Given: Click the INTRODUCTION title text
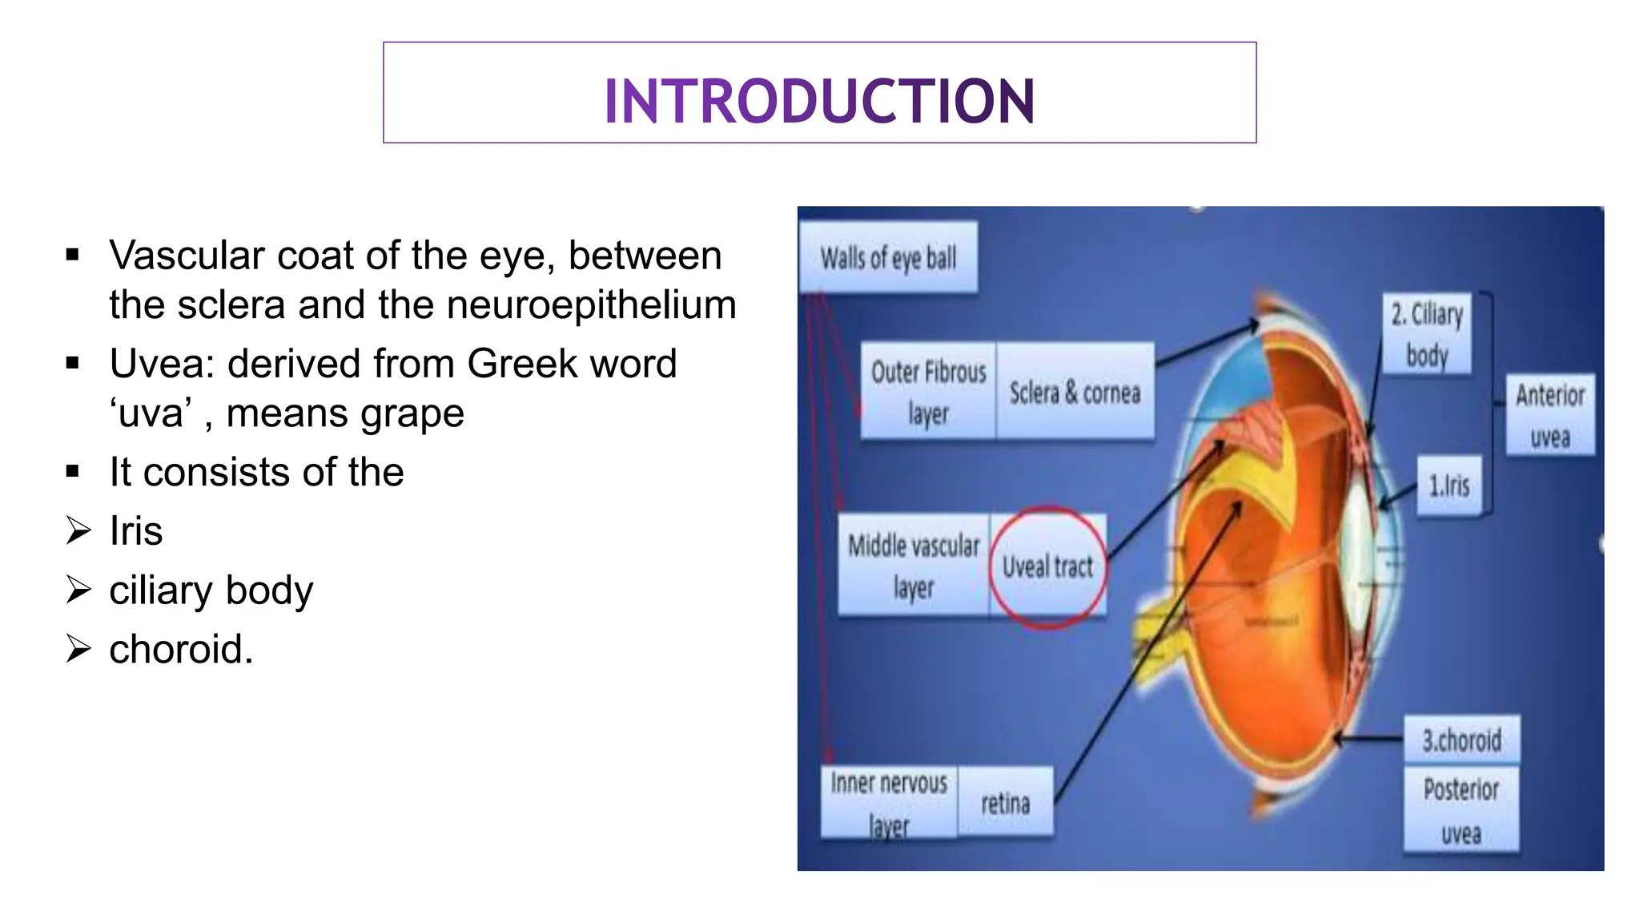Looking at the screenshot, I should pos(819,101).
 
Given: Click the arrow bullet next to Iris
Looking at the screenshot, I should pos(78,530).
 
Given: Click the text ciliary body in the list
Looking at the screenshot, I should pos(211,590).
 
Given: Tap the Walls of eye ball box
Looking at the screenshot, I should pos(888,258).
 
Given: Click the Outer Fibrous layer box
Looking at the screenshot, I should pos(928,392).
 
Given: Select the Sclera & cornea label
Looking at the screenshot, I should pos(1075,393).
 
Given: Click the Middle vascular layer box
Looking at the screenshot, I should pos(914,566).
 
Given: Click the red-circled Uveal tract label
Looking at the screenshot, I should pos(1047,566).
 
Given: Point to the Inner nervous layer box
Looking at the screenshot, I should pos(889,803).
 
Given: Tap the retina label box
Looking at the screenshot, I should pos(1005,802).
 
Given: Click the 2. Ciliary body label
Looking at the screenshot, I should pos(1427,334).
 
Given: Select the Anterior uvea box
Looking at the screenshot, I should pos(1550,415).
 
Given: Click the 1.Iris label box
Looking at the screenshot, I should pos(1449,486).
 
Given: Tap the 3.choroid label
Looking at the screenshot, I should pos(1461,740).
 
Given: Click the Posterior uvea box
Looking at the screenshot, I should pos(1461,811).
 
